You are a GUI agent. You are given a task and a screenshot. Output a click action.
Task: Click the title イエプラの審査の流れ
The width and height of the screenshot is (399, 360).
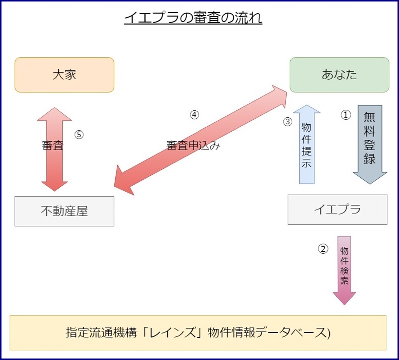193,19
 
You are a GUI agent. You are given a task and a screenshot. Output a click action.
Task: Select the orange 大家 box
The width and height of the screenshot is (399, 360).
64,75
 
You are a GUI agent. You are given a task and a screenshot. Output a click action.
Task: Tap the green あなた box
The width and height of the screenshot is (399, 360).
339,75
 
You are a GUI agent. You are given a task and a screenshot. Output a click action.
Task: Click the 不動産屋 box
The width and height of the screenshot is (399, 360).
64,211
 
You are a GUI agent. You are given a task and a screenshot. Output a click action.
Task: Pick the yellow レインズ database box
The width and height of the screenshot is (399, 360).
198,332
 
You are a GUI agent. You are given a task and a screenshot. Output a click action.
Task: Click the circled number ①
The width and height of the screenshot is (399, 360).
346,115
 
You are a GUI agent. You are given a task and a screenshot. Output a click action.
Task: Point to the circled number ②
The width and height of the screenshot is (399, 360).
323,248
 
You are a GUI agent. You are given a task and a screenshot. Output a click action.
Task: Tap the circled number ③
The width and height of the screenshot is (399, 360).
287,122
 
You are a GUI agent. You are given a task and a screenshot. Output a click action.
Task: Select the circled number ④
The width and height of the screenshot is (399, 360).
194,114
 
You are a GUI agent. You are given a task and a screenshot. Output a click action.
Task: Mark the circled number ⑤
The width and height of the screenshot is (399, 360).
79,134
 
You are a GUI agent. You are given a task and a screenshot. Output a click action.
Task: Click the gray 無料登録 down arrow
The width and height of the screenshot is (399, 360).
370,144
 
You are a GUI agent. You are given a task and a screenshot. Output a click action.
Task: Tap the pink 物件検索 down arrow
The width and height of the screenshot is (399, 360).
344,270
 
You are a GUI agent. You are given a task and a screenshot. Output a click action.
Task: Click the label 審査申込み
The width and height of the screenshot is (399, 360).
193,146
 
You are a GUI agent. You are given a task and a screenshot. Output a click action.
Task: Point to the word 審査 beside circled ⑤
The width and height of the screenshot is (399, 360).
52,146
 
